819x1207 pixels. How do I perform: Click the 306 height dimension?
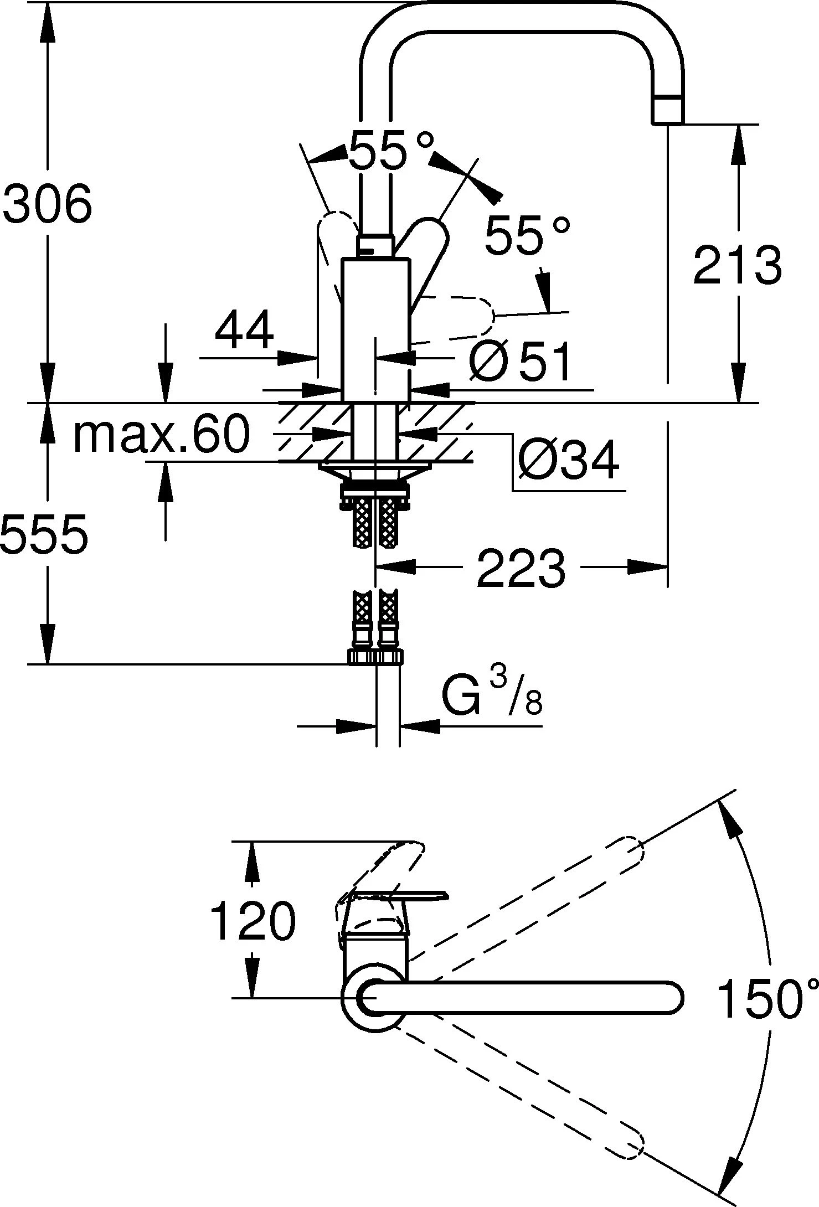(47, 204)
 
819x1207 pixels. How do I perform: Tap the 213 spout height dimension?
(738, 265)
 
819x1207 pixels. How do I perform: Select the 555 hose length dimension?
(44, 534)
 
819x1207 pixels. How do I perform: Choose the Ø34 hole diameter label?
(568, 461)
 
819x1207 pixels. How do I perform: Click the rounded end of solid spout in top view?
(671, 997)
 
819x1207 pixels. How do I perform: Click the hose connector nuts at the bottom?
(375, 657)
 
